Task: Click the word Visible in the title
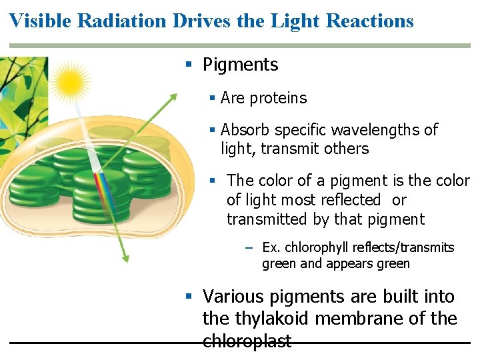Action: (x=40, y=21)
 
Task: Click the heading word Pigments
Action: (x=240, y=65)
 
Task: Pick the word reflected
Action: (x=349, y=200)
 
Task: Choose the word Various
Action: (x=233, y=296)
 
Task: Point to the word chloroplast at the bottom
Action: (x=247, y=341)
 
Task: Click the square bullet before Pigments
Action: (x=189, y=65)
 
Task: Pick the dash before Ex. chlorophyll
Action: (x=249, y=248)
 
